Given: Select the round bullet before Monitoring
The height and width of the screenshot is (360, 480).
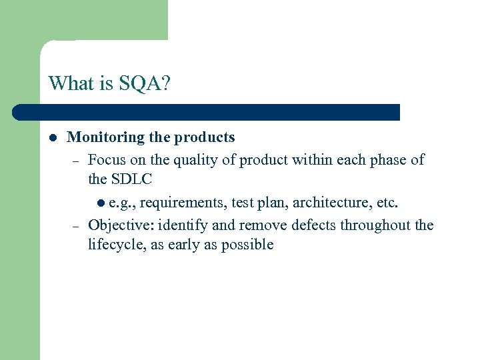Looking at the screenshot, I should pyautogui.click(x=52, y=138).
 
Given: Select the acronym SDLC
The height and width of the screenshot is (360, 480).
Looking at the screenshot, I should pyautogui.click(x=131, y=179).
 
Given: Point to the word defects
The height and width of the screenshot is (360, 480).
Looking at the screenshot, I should pyautogui.click(x=311, y=225).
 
